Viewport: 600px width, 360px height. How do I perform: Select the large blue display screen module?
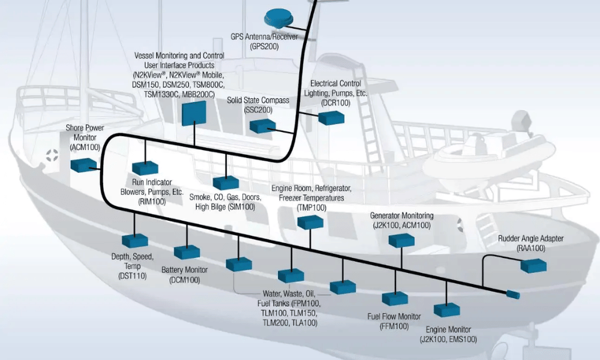(193, 113)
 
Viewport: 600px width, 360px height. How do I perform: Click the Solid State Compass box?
(262, 125)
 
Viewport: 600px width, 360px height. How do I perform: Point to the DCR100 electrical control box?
(331, 118)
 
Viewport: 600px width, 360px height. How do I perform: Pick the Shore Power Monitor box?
(84, 164)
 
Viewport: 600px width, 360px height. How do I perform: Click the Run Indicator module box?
(144, 169)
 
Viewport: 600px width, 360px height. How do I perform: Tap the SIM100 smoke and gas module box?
(226, 182)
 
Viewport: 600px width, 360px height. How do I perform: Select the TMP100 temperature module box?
(310, 221)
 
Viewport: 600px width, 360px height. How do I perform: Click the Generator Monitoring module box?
(401, 240)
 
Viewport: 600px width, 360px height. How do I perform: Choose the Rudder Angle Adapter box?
(533, 265)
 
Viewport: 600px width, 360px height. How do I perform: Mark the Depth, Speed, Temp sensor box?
(135, 241)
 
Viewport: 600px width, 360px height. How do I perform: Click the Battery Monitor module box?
(187, 252)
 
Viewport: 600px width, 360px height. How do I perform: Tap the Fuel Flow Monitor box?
(395, 298)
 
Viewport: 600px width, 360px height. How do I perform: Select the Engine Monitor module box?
(447, 310)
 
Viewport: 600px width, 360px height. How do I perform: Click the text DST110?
(133, 275)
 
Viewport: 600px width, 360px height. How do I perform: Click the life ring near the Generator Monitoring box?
(460, 226)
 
